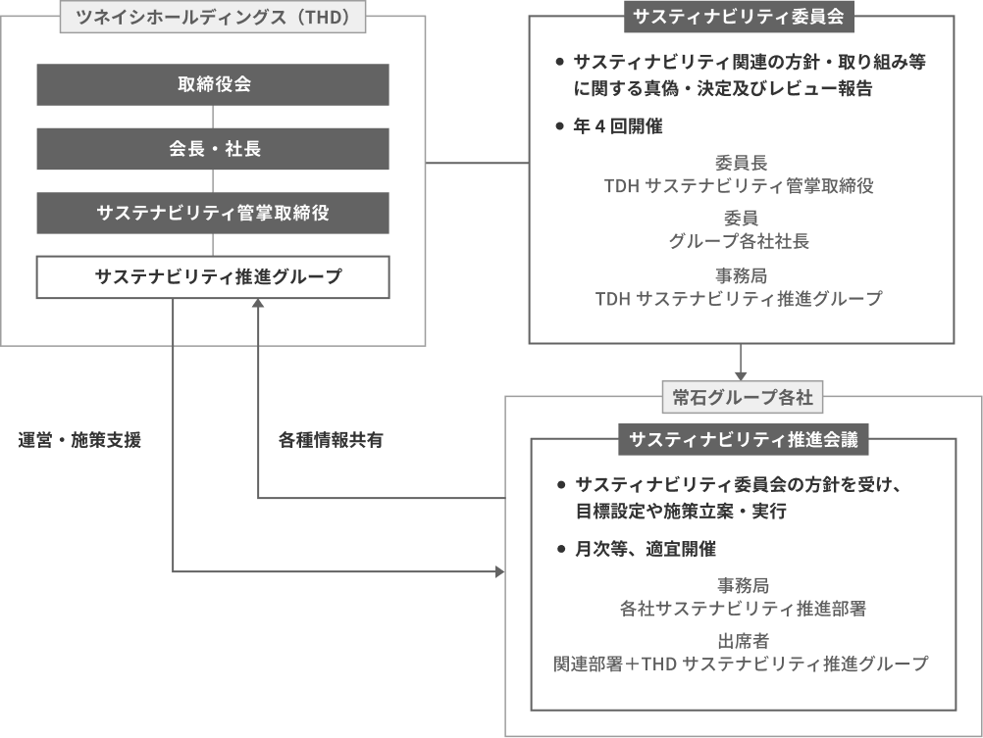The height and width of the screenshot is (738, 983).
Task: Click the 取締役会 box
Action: coord(213,84)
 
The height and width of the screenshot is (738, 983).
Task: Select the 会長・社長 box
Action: coord(213,148)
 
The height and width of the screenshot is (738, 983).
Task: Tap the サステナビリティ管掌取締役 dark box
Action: coord(213,213)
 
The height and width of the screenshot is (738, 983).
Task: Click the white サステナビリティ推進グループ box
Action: coord(213,277)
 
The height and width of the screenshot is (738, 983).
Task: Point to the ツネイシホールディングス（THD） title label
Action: coord(213,17)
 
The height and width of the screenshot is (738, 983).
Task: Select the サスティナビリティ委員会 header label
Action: coord(739,17)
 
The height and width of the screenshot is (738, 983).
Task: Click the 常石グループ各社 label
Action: coord(743,397)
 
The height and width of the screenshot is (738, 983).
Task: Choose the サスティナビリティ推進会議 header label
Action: coord(744,439)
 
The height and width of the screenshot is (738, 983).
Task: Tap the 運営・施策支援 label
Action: coord(79,440)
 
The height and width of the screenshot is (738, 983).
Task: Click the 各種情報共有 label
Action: coord(331,440)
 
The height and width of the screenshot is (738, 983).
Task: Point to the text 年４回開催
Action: coord(617,126)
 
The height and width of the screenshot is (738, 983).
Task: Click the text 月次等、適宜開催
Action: coord(646,549)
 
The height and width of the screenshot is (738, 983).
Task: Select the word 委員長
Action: coord(741,163)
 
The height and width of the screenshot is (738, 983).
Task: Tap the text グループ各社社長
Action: coord(739,241)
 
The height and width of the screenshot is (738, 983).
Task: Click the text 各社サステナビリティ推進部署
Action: coord(743,609)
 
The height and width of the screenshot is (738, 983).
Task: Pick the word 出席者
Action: coord(743,641)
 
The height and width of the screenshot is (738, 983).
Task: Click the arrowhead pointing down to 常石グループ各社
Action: coord(741,376)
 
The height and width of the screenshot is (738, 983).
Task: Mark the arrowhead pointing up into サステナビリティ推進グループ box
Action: coord(258,303)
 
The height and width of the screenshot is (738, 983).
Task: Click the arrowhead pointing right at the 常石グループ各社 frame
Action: coord(499,571)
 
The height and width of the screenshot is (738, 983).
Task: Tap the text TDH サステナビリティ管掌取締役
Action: coord(739,186)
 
